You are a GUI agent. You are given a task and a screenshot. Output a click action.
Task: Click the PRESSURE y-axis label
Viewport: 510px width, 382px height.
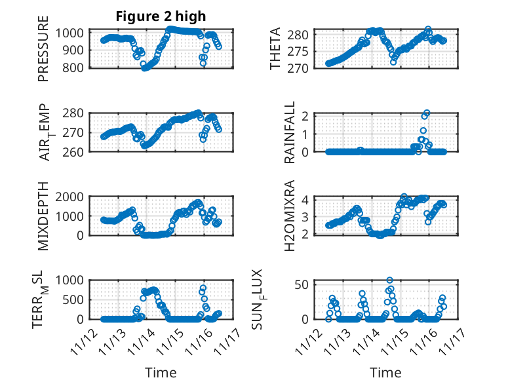(x=43, y=53)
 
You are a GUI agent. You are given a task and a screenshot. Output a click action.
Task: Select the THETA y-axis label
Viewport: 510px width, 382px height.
(x=275, y=49)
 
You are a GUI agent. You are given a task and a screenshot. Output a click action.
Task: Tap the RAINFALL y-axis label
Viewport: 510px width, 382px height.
(x=289, y=133)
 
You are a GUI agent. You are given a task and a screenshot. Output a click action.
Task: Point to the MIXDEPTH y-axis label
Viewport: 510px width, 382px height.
(x=43, y=216)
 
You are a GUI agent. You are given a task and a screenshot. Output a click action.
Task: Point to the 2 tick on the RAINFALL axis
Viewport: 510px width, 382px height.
(x=304, y=117)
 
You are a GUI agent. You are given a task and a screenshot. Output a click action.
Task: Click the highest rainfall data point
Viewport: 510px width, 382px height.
(x=427, y=113)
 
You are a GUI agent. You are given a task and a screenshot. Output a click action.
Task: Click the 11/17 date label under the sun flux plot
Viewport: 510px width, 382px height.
(x=454, y=342)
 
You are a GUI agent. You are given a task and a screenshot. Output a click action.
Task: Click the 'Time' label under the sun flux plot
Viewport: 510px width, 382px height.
(x=385, y=372)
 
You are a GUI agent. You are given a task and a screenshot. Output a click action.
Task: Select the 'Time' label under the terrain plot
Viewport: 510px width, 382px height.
(x=161, y=372)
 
